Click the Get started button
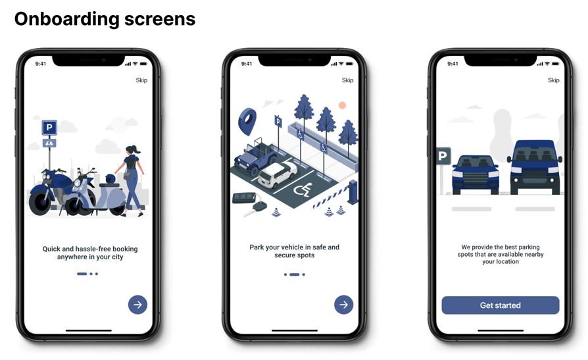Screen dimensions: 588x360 (501, 305)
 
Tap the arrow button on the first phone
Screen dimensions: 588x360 (137, 305)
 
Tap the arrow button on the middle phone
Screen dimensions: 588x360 (343, 305)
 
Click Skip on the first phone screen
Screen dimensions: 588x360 (141, 80)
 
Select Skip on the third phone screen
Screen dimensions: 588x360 (554, 80)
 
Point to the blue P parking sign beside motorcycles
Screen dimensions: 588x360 (49, 128)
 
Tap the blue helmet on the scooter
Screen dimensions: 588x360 (110, 179)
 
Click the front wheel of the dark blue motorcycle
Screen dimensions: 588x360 (39, 203)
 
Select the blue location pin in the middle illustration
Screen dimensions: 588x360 (247, 121)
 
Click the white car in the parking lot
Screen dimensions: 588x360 (277, 174)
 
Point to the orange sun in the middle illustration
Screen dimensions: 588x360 (342, 105)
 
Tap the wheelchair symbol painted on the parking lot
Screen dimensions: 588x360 (303, 190)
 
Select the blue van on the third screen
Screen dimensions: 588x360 (535, 167)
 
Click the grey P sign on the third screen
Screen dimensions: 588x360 (443, 156)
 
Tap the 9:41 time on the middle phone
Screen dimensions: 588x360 (247, 64)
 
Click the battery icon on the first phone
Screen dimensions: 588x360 (143, 64)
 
